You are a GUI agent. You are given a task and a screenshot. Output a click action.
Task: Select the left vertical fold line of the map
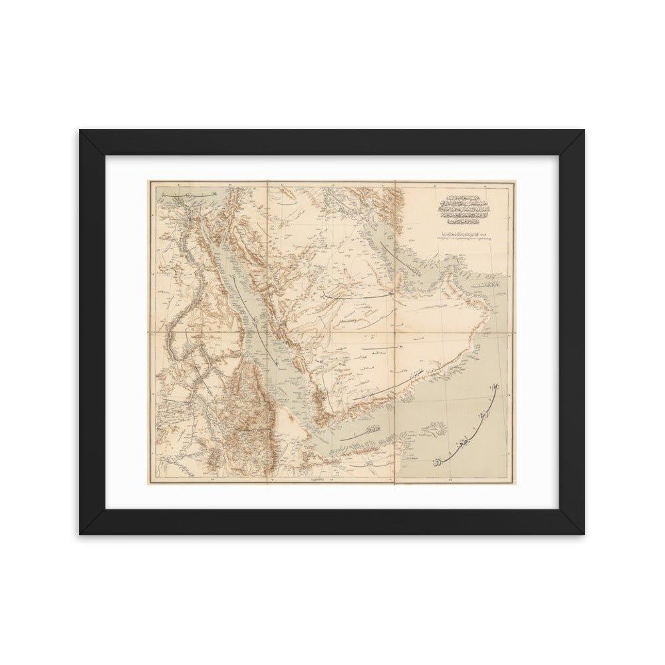(x=267, y=332)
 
